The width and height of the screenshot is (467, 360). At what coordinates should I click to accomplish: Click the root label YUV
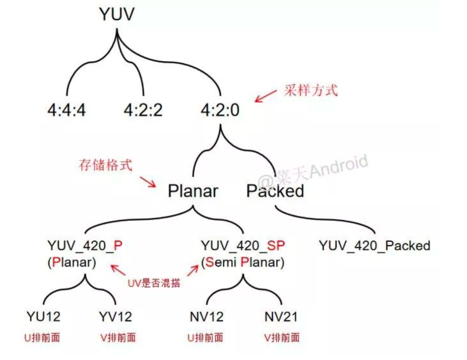117,15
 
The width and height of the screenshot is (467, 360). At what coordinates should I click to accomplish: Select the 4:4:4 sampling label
67,110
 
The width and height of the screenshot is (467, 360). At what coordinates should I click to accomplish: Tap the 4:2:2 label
143,110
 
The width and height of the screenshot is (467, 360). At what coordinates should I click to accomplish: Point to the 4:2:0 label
220,110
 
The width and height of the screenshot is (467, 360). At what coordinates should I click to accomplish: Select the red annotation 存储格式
105,165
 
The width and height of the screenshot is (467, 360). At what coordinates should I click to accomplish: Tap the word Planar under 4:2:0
193,191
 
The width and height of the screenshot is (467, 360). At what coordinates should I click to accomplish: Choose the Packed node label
275,191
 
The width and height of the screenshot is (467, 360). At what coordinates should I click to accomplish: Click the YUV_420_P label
85,245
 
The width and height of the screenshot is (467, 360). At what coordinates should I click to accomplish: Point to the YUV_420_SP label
243,245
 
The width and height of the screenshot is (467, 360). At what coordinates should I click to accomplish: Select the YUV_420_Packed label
374,246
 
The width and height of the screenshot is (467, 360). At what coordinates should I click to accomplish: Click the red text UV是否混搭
154,283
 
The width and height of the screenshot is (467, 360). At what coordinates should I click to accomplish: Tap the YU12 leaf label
43,317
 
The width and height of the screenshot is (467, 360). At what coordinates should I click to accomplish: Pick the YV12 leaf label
115,317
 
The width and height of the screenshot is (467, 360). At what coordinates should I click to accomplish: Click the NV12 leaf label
206,317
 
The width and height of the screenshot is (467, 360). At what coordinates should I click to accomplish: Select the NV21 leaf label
281,317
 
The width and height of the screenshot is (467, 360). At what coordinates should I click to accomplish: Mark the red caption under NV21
282,338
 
